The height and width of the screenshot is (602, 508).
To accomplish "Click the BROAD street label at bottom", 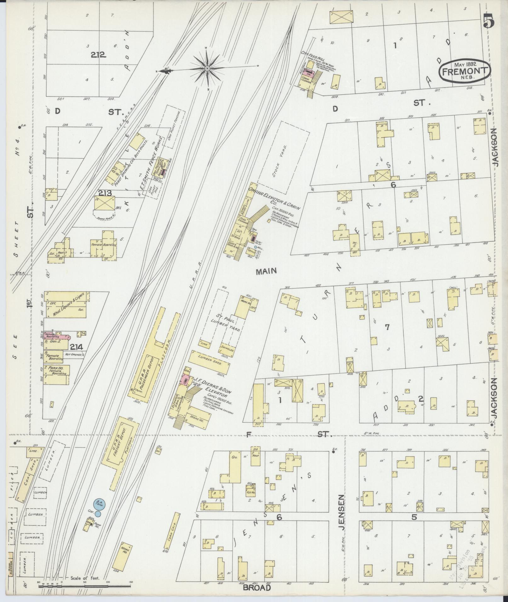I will (x=257, y=588).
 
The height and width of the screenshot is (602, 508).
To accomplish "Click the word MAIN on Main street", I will (x=266, y=271).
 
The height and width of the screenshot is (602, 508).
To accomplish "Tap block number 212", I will (x=98, y=55).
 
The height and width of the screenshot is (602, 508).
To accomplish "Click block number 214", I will (x=76, y=347).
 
